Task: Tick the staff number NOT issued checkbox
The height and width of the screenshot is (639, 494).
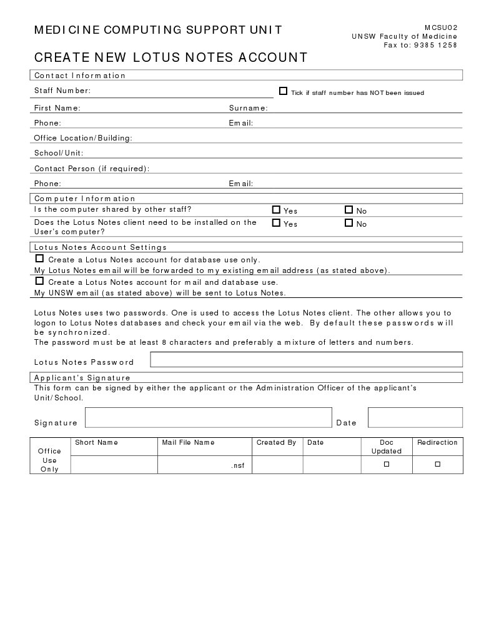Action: [283, 91]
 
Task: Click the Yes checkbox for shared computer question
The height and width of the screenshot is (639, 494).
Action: [276, 210]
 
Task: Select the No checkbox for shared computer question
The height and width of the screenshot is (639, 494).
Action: [348, 210]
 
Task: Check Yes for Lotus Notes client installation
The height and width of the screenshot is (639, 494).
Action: [276, 222]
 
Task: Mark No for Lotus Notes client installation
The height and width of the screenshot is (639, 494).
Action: [348, 222]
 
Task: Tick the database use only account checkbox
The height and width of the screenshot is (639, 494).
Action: [39, 259]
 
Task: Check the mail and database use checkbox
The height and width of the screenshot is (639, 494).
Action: [39, 281]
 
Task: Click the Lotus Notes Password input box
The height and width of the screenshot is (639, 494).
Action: [306, 359]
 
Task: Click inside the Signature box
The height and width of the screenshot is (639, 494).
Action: [208, 417]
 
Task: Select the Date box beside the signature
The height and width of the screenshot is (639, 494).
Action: [415, 417]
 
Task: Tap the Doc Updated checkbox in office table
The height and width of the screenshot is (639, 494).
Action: [386, 464]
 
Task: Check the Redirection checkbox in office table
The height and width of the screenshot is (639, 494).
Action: [437, 464]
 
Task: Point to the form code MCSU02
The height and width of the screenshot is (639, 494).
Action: [441, 27]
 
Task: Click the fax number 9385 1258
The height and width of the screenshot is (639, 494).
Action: [435, 45]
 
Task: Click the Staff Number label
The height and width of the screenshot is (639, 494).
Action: [62, 91]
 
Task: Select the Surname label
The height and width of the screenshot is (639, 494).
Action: [248, 108]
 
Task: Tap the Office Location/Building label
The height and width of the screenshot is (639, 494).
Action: [83, 138]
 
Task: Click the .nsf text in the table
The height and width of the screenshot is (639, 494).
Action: [237, 465]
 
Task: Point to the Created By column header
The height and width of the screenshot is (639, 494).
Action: [276, 442]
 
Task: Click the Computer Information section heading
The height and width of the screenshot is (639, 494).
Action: [84, 199]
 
